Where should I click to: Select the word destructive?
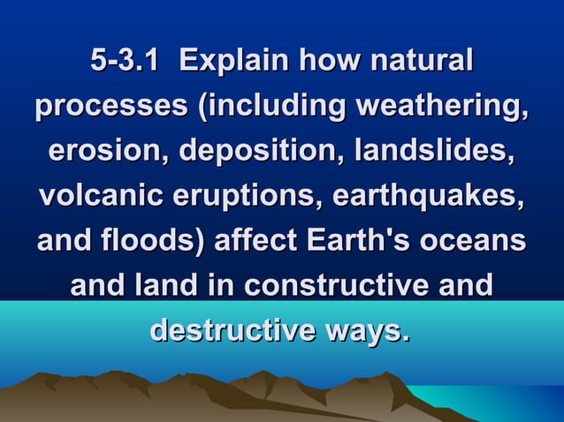pyautogui.click(x=232, y=331)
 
